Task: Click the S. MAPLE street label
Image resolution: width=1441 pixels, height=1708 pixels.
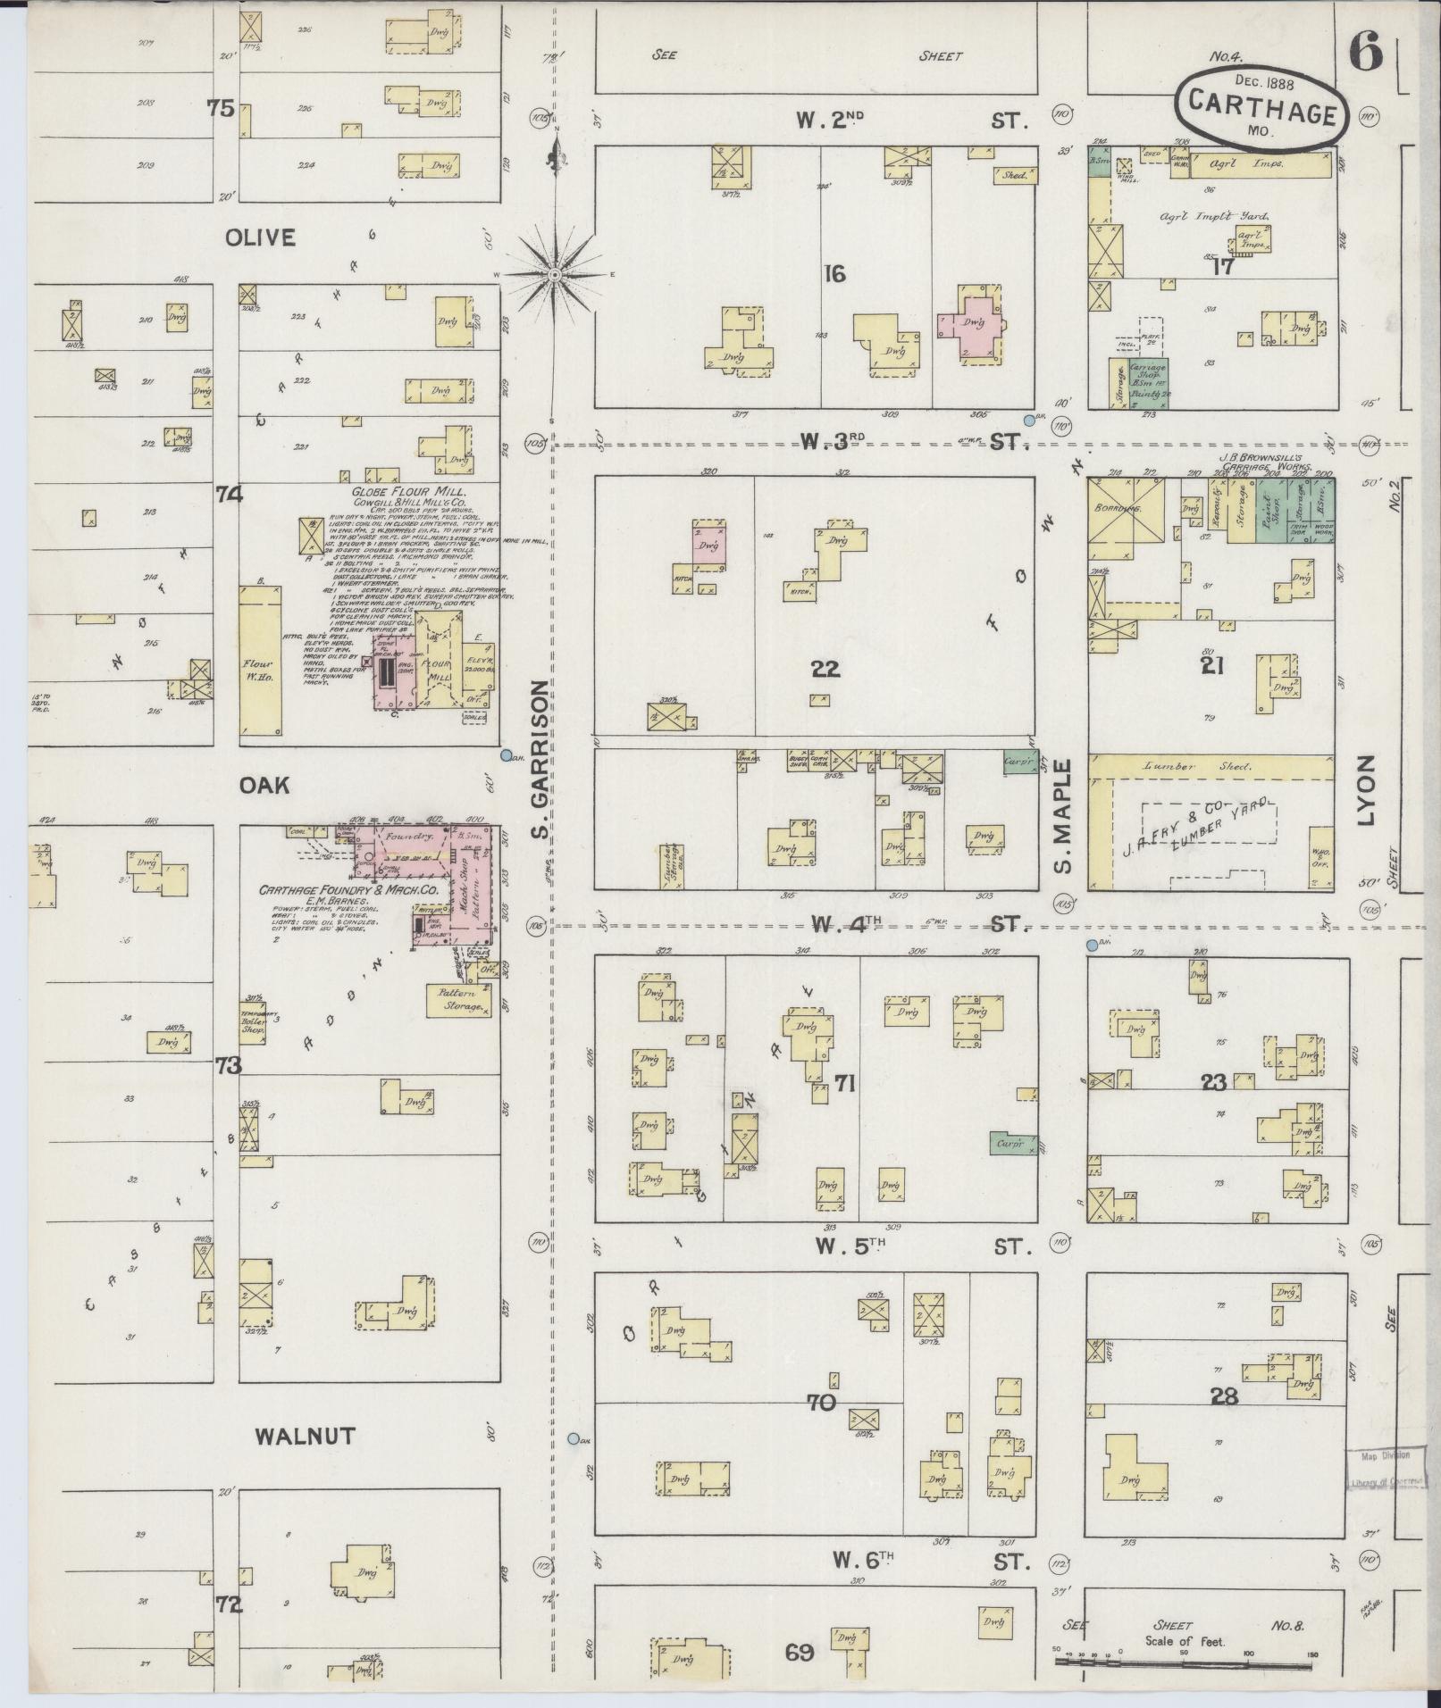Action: [x=1063, y=816]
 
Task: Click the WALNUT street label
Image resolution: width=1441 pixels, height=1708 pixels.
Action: [x=306, y=1436]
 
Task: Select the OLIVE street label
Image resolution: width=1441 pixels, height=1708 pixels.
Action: [x=260, y=237]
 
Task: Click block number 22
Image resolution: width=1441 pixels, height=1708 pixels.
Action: [x=825, y=668]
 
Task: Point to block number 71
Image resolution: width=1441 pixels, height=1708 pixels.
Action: [x=845, y=1084]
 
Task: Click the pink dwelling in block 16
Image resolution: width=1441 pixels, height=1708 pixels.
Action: [x=971, y=328]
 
